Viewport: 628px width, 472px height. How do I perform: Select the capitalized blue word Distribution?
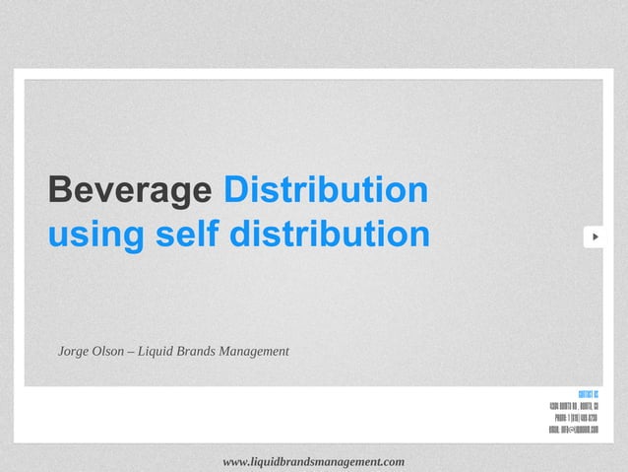coord(326,190)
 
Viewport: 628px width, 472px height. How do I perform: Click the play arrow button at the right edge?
coord(595,237)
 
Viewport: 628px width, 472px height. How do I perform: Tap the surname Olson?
coord(110,352)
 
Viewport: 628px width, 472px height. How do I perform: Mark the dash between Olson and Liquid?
coord(131,352)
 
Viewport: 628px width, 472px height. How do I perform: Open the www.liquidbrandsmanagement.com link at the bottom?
coord(314,461)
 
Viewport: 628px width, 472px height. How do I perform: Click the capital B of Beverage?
coord(58,190)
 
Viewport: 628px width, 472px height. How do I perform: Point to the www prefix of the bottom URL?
coord(236,461)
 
